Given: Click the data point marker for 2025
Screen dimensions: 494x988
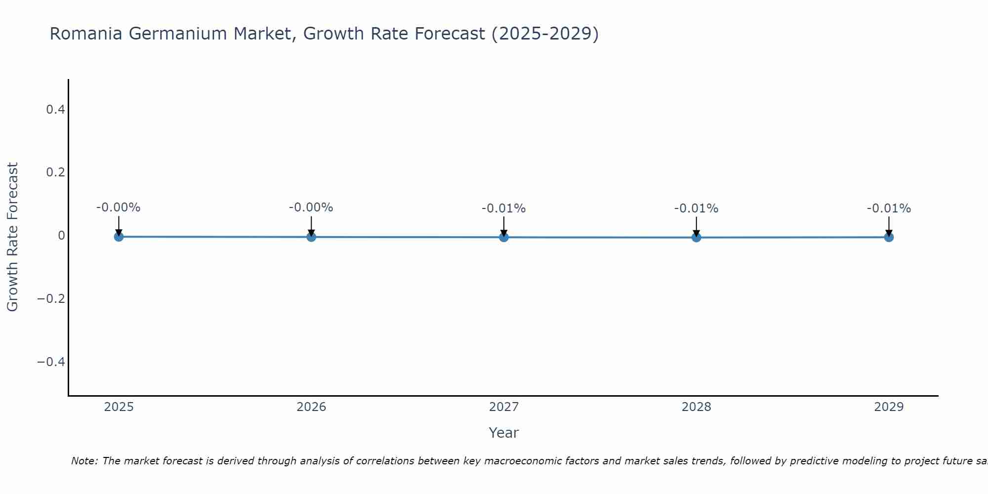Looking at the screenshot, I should pyautogui.click(x=119, y=237).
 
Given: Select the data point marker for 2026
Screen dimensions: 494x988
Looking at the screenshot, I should pyautogui.click(x=311, y=237).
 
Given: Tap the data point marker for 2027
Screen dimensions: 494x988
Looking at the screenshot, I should pyautogui.click(x=503, y=237).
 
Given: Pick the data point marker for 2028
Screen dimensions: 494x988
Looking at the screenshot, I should pyautogui.click(x=696, y=237).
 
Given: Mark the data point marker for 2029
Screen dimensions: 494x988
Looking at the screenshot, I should pyautogui.click(x=889, y=237).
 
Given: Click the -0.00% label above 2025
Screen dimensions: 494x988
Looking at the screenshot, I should pyautogui.click(x=118, y=207).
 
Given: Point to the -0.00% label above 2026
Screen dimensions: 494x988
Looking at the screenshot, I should pyautogui.click(x=311, y=207).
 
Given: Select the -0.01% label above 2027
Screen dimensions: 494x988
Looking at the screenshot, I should pyautogui.click(x=503, y=208).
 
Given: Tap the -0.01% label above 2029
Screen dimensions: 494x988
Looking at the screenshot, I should pyautogui.click(x=889, y=208).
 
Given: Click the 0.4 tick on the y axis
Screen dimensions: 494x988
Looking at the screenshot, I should pyautogui.click(x=55, y=109).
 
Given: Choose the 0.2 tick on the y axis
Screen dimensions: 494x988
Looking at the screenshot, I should pyautogui.click(x=55, y=172).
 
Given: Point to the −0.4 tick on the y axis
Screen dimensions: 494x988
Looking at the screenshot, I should pyautogui.click(x=51, y=362).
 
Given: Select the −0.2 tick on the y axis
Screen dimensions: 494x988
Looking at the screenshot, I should pyautogui.click(x=51, y=299).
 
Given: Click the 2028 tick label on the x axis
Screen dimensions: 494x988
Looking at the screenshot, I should pyautogui.click(x=696, y=407).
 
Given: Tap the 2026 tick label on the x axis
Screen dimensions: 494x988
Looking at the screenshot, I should pyautogui.click(x=311, y=407).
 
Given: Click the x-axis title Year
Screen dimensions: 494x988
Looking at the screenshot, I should pyautogui.click(x=503, y=433).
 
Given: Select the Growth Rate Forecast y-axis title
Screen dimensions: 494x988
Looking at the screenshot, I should pyautogui.click(x=12, y=237).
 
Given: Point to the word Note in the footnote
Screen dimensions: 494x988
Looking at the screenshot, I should pyautogui.click(x=83, y=461).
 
